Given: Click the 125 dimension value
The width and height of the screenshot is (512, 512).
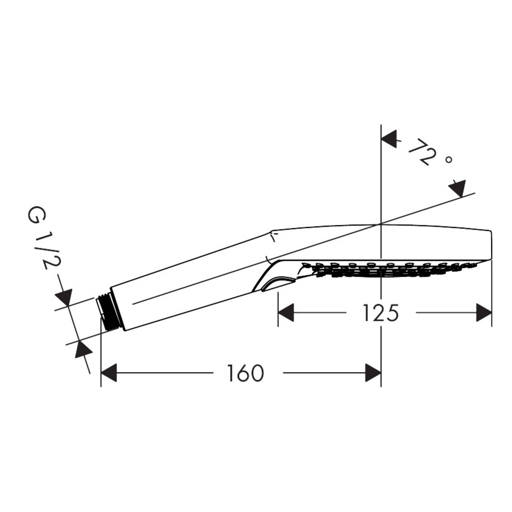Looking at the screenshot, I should pyautogui.click(x=380, y=313).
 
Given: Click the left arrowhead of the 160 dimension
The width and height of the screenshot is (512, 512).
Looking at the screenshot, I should pyautogui.click(x=110, y=373).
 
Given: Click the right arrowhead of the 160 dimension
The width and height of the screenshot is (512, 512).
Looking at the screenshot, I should pyautogui.click(x=373, y=373).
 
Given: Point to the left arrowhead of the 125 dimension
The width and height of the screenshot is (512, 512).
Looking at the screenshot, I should pyautogui.click(x=286, y=313).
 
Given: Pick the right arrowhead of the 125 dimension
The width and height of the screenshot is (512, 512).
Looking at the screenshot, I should pyautogui.click(x=484, y=313).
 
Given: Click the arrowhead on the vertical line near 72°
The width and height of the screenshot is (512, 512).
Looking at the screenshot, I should pyautogui.click(x=390, y=140).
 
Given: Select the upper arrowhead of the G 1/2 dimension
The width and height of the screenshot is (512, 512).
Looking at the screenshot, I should pyautogui.click(x=64, y=297).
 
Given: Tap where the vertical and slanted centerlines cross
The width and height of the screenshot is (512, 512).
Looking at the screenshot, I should pyautogui.click(x=381, y=224).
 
